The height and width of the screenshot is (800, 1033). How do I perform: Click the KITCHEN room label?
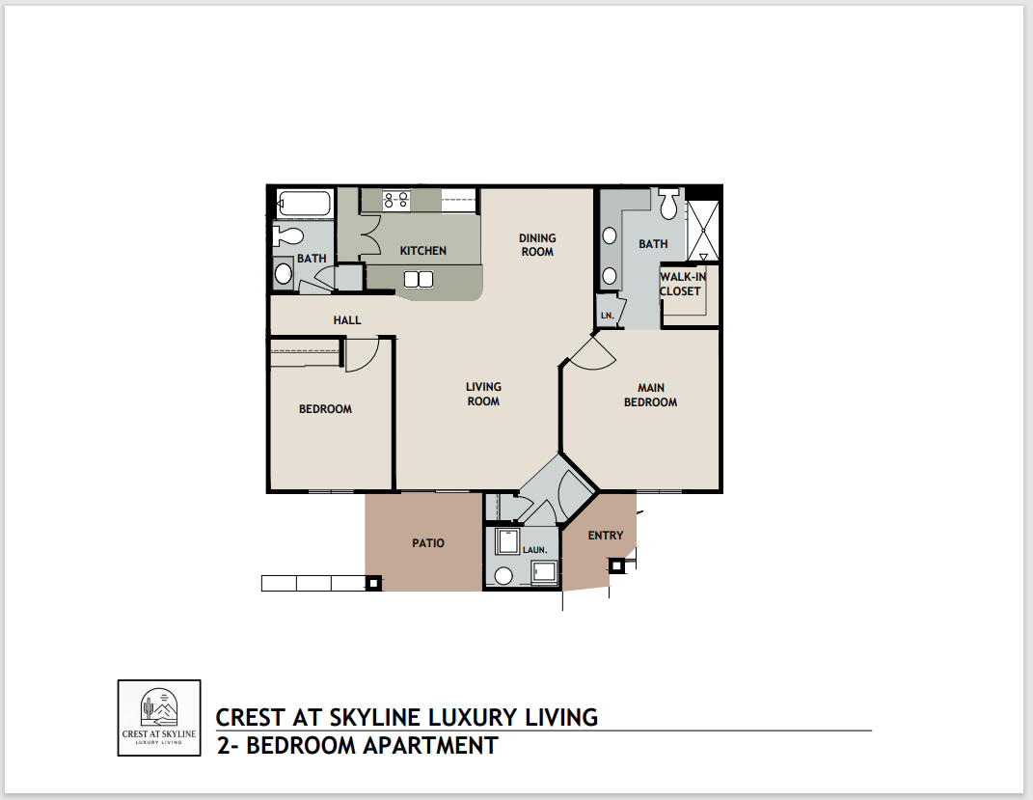pos(423,251)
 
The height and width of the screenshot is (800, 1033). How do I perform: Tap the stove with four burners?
pos(395,201)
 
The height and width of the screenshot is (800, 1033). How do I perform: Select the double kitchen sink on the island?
pos(419,279)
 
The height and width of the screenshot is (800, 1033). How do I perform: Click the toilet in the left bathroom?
pos(288,234)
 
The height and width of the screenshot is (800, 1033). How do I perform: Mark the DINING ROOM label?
pos(537,245)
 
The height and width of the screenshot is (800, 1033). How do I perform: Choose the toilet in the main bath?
pos(669,203)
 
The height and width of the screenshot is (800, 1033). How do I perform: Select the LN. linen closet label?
pos(607,315)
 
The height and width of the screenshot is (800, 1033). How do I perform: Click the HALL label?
pos(347,319)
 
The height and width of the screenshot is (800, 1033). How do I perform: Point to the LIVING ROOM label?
pos(483,394)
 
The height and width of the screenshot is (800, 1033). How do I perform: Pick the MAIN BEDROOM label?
pos(650,395)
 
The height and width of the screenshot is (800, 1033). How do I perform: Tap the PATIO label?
pos(428,543)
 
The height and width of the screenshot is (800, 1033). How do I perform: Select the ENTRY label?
pos(606,536)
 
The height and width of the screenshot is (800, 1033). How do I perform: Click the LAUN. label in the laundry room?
pos(535,550)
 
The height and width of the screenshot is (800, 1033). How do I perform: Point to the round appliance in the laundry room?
pos(503,576)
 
